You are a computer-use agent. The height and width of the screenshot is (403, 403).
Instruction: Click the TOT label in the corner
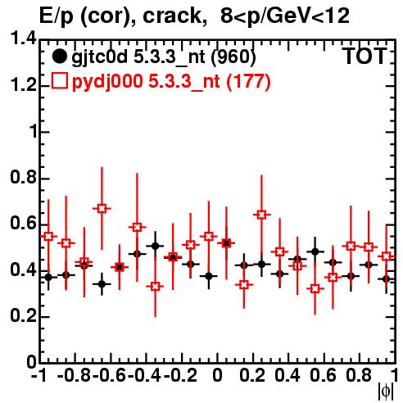tap(365, 57)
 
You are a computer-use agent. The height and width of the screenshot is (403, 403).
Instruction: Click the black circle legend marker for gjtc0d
tap(59, 57)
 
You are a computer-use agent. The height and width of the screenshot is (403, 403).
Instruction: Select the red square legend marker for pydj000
tap(59, 81)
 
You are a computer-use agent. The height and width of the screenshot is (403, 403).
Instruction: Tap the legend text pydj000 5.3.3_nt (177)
tap(171, 82)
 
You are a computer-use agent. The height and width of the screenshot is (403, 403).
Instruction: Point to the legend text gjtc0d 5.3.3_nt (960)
tap(164, 57)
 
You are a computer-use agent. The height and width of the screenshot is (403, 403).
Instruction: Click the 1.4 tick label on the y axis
tap(23, 39)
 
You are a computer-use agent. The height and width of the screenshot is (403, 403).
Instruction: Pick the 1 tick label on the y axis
tap(34, 132)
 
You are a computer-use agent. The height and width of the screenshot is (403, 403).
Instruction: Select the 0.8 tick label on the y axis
tap(23, 177)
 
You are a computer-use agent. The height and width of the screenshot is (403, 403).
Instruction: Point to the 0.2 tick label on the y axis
tap(23, 316)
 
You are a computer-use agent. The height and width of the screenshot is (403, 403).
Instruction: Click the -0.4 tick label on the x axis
tap(145, 375)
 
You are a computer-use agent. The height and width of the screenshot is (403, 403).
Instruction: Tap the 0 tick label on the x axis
tap(217, 375)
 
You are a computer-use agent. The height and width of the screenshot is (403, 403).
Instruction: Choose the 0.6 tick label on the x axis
tap(323, 375)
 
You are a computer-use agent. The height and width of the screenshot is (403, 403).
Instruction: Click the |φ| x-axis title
tap(386, 392)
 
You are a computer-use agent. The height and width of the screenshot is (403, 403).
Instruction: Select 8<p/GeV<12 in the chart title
tap(285, 16)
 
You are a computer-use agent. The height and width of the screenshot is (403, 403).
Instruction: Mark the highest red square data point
tap(102, 209)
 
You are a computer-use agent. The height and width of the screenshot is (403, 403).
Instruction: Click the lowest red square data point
tap(315, 288)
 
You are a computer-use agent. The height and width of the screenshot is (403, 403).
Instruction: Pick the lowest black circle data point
tap(102, 284)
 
